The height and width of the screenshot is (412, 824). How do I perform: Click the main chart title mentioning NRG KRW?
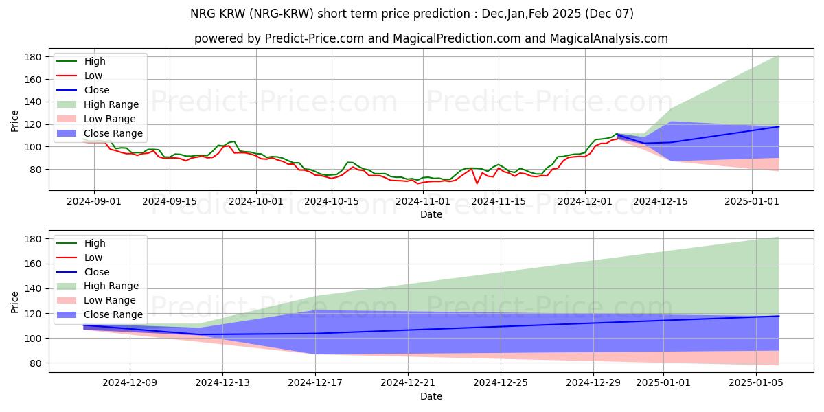pos(411,14)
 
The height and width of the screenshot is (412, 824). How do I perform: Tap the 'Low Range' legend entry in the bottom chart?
pos(111,300)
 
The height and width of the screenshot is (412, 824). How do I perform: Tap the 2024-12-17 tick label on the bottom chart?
pos(315,383)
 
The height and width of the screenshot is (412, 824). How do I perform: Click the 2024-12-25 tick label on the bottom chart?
pos(501,383)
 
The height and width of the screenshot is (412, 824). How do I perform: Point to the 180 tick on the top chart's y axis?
pos(34,57)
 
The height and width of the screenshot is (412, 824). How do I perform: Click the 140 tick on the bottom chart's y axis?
pos(34,289)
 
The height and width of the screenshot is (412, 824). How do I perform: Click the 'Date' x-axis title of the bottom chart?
pos(431,396)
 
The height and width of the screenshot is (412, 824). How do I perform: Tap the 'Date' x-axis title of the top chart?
pos(431,214)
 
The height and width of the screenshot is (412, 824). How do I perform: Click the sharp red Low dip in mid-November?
pos(477,183)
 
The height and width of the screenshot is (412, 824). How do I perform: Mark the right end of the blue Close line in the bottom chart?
pos(779,317)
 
